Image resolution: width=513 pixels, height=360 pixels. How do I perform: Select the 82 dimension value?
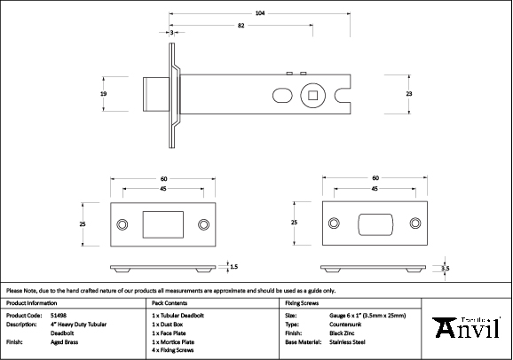(x=241, y=27)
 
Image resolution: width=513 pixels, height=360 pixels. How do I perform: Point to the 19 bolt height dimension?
(x=104, y=92)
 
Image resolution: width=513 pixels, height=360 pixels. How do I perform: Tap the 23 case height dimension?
(x=409, y=92)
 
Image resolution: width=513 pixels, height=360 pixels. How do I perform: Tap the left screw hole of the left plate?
(x=122, y=224)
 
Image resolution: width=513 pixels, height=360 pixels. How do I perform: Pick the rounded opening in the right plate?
(x=375, y=223)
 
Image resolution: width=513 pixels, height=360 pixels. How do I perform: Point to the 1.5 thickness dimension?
(x=233, y=266)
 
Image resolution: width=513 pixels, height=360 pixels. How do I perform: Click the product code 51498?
(x=57, y=315)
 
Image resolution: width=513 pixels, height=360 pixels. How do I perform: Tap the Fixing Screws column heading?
(x=302, y=302)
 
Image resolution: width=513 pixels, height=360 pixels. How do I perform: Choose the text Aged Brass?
(x=64, y=341)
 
